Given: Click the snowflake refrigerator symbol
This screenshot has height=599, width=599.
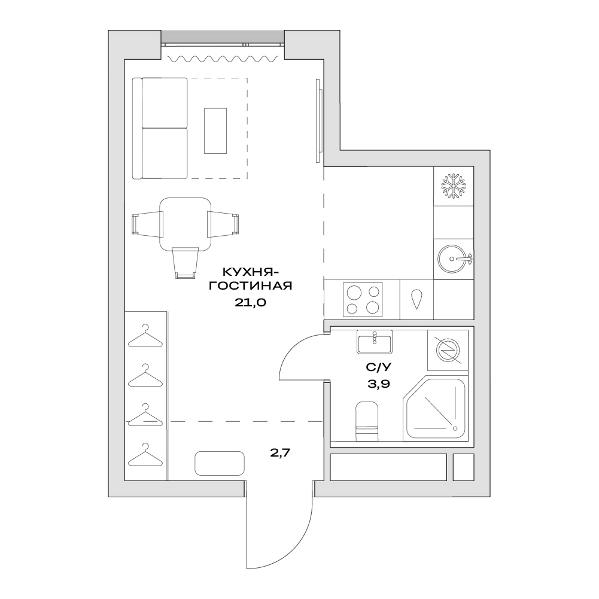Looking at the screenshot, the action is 454,186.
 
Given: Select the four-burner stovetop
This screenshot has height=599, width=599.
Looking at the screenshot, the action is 363,299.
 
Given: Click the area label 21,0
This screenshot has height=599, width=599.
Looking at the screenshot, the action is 250,303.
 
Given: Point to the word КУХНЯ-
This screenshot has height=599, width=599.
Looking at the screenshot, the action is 251,272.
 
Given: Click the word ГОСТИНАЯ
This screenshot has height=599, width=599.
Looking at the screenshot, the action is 250,285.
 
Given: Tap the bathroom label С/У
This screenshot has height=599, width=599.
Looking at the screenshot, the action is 379,367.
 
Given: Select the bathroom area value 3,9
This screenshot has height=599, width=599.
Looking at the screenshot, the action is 379,384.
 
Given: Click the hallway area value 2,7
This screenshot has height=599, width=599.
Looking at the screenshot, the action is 281,452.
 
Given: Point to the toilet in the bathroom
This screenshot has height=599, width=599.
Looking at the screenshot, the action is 367,421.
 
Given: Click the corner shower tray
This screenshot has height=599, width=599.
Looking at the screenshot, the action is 435,408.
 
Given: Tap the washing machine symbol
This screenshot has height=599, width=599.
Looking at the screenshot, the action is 448,350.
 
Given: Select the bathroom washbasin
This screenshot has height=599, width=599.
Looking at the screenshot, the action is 375,342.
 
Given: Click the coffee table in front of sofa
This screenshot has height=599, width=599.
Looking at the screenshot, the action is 215,130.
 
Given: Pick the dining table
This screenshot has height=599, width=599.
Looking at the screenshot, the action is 186,224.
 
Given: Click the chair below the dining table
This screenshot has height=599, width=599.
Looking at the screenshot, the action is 186,263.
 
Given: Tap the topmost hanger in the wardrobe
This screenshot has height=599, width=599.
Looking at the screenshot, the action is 145,336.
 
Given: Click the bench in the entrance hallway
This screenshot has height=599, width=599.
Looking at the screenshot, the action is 219,463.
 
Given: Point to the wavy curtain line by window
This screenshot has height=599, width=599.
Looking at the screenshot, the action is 223,59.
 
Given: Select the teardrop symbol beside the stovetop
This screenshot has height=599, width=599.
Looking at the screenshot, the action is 416,300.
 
